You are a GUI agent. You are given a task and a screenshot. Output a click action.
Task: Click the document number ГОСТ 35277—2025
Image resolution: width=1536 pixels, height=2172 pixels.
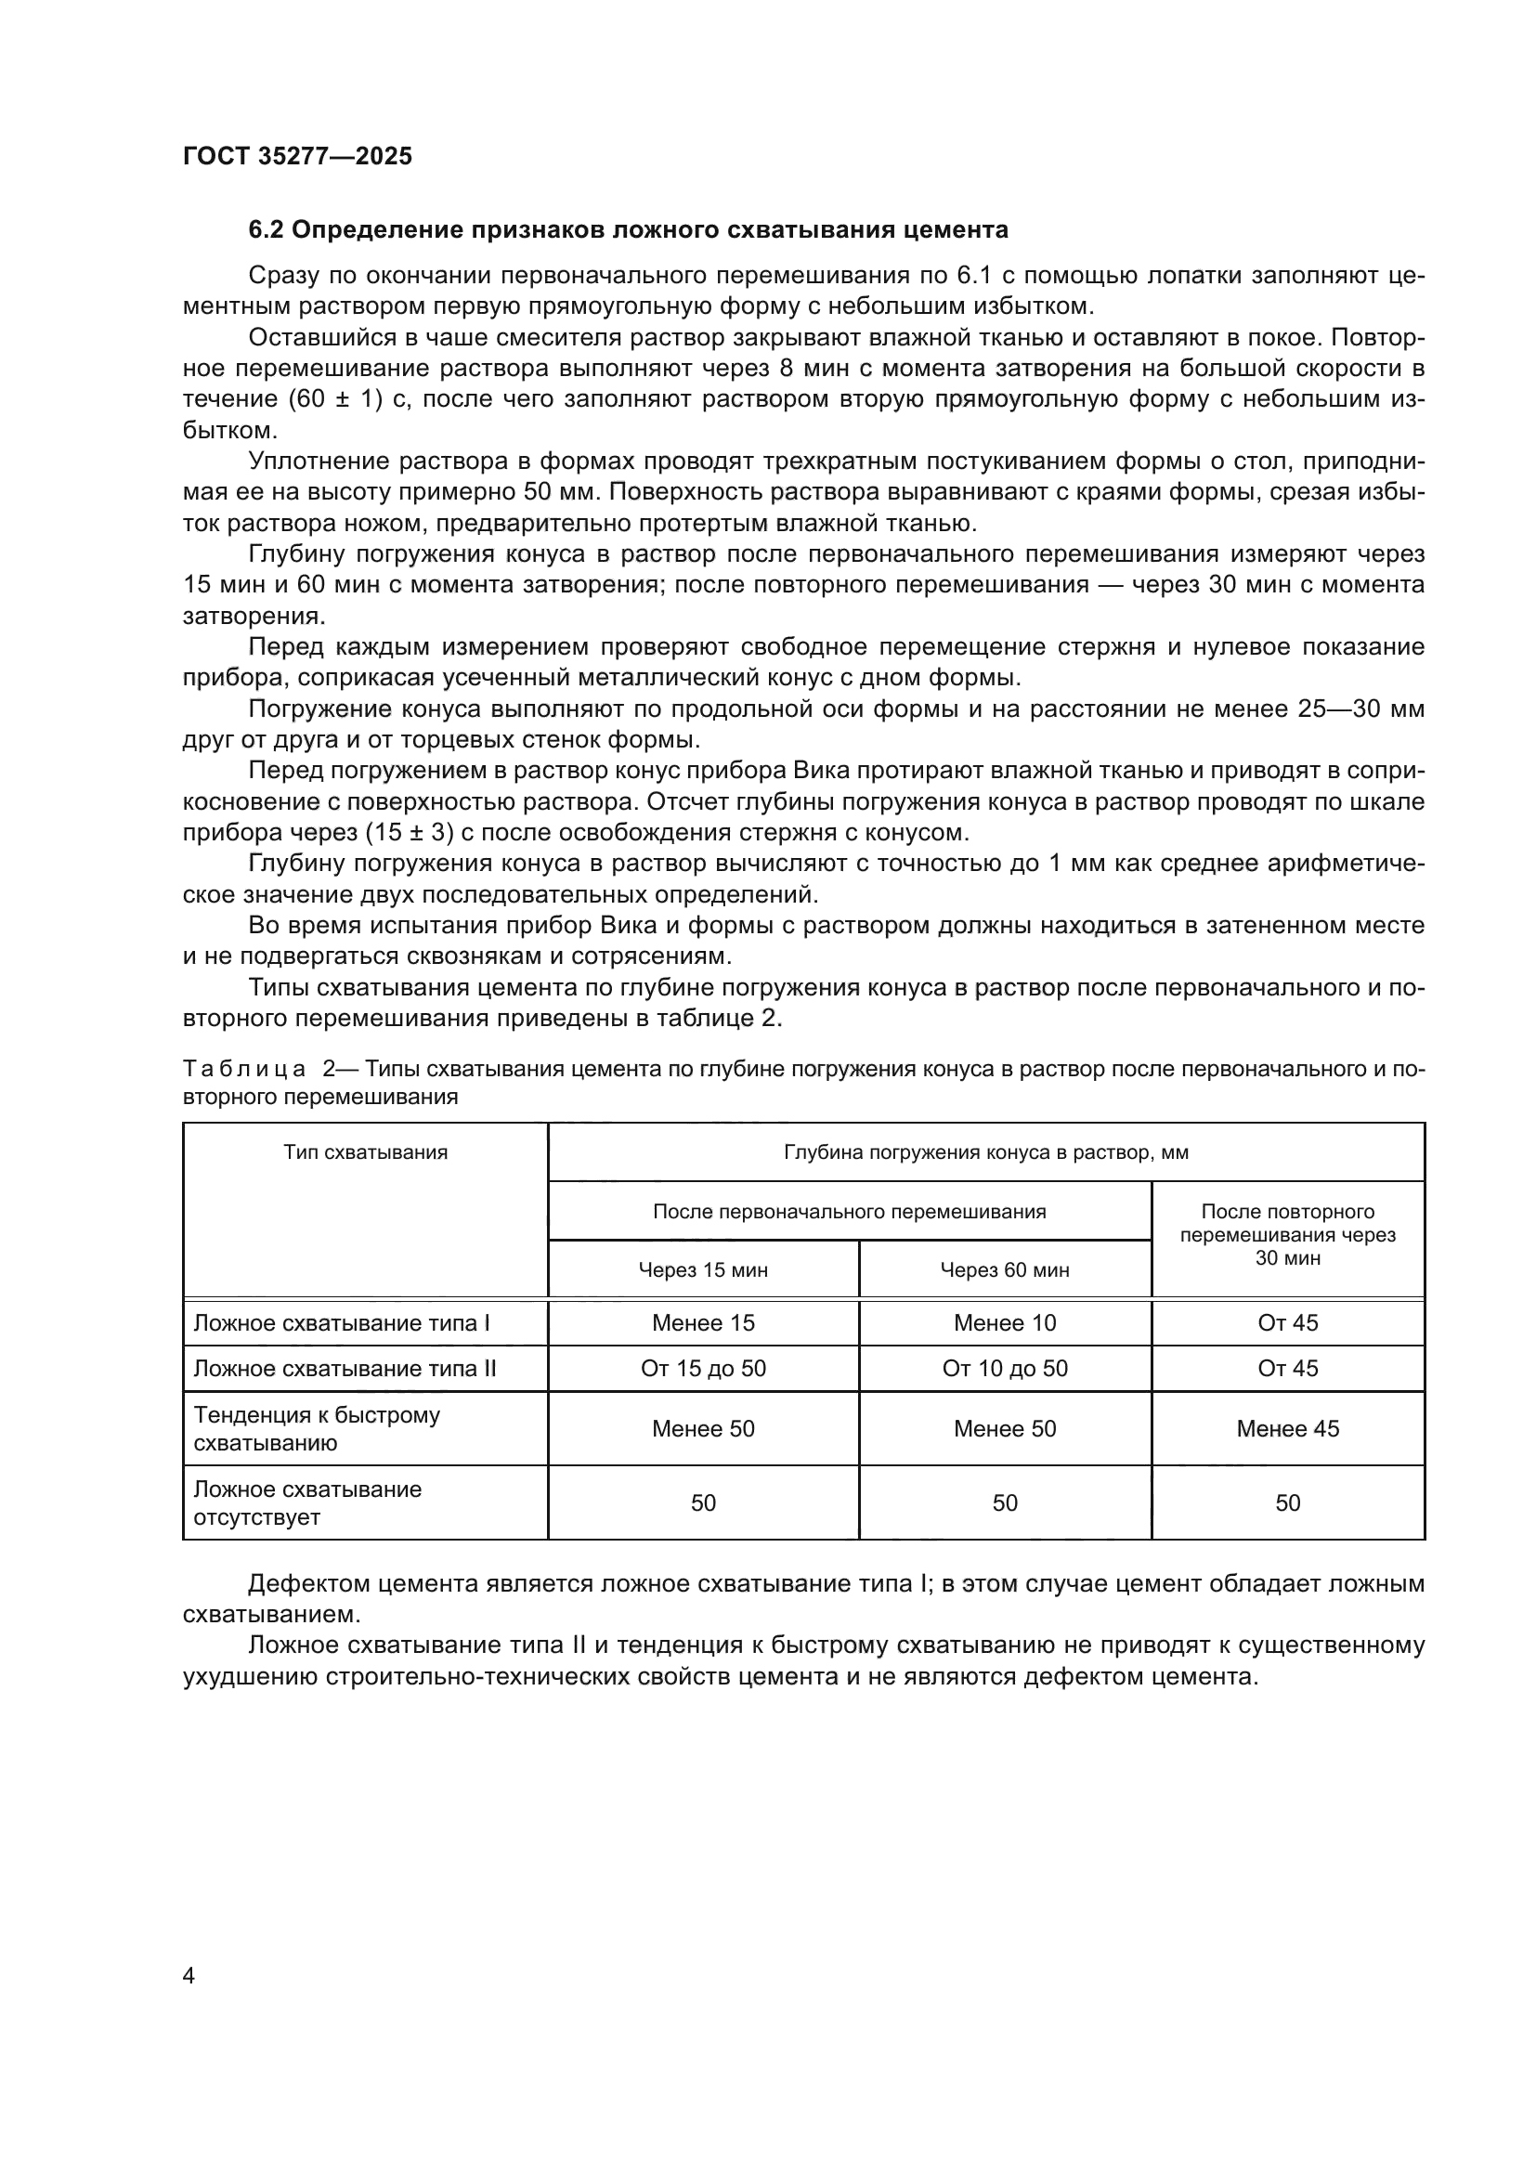click(297, 156)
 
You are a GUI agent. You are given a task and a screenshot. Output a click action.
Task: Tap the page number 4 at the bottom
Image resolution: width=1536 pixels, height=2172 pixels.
click(189, 1975)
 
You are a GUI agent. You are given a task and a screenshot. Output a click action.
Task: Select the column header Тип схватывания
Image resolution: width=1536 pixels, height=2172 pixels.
click(365, 1152)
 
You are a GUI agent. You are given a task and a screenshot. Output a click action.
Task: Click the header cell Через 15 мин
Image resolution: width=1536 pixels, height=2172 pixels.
click(703, 1269)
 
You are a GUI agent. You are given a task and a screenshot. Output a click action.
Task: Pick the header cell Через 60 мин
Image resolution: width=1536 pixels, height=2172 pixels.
click(1005, 1269)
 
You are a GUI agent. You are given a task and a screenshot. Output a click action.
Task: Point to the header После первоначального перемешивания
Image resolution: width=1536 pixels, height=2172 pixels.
click(850, 1212)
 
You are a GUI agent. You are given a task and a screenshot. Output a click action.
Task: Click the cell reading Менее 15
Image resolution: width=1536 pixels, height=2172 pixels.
click(703, 1322)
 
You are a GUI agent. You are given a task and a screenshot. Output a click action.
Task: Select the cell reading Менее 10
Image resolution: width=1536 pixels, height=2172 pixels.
click(1005, 1322)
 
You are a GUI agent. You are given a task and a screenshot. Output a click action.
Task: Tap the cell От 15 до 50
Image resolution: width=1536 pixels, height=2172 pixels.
click(703, 1368)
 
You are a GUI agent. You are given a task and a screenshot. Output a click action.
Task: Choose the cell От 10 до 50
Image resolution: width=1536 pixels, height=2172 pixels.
click(1005, 1368)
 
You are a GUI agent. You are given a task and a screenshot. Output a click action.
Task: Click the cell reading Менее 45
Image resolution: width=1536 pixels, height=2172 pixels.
click(1287, 1428)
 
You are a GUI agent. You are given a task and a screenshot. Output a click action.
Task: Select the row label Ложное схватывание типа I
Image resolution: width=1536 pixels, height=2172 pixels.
click(342, 1322)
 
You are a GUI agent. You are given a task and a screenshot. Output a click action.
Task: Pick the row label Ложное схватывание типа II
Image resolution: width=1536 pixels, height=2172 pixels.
click(345, 1368)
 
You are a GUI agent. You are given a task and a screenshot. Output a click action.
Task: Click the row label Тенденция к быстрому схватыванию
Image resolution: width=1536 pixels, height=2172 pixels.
click(317, 1428)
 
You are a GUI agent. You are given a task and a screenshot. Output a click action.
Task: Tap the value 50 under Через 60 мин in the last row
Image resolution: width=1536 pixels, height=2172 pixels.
click(1005, 1503)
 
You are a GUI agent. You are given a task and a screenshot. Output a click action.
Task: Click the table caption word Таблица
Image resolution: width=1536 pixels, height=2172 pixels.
click(244, 1069)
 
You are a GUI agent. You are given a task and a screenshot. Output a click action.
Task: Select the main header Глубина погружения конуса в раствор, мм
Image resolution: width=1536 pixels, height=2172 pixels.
click(985, 1152)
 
